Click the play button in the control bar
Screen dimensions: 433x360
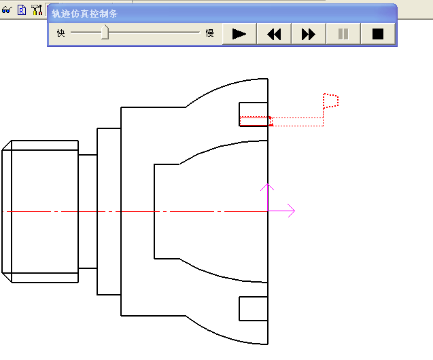point(239,33)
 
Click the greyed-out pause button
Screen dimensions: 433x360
point(343,33)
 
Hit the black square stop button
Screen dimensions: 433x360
point(378,33)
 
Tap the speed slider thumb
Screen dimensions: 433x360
point(105,33)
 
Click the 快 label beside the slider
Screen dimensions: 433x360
point(61,33)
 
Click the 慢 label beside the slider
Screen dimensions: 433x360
point(209,33)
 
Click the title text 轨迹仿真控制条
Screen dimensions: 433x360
point(85,14)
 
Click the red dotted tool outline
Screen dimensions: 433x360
point(331,101)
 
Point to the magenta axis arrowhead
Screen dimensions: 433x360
point(291,211)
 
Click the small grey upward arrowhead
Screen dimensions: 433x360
point(268,186)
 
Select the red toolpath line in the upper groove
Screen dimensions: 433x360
point(256,125)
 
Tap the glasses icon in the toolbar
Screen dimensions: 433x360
point(7,10)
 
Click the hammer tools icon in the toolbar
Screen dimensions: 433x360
point(36,10)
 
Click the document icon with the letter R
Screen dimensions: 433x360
point(21,10)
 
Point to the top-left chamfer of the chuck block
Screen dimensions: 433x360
point(7,146)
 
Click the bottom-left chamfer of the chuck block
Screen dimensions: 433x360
point(7,277)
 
